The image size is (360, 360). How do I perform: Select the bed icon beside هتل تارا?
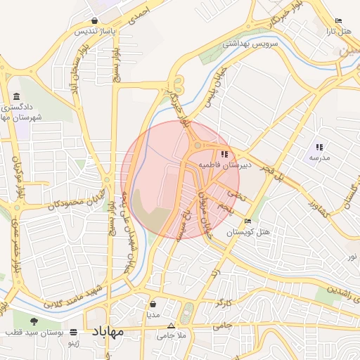pyautogui.click(x=339, y=21)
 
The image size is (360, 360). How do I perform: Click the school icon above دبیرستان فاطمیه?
pyautogui.click(x=224, y=154)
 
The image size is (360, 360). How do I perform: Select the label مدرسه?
pyautogui.click(x=319, y=158)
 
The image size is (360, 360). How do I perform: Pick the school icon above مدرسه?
pyautogui.click(x=319, y=147)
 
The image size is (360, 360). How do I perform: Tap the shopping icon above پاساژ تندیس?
pyautogui.click(x=94, y=21)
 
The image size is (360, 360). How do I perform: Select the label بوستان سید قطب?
pyautogui.click(x=35, y=331)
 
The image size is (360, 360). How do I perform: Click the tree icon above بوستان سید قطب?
pyautogui.click(x=34, y=321)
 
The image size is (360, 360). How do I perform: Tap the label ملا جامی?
pyautogui.click(x=172, y=336)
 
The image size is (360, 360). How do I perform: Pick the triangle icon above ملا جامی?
pyautogui.click(x=172, y=326)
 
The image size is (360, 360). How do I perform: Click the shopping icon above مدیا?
pyautogui.click(x=153, y=304)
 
